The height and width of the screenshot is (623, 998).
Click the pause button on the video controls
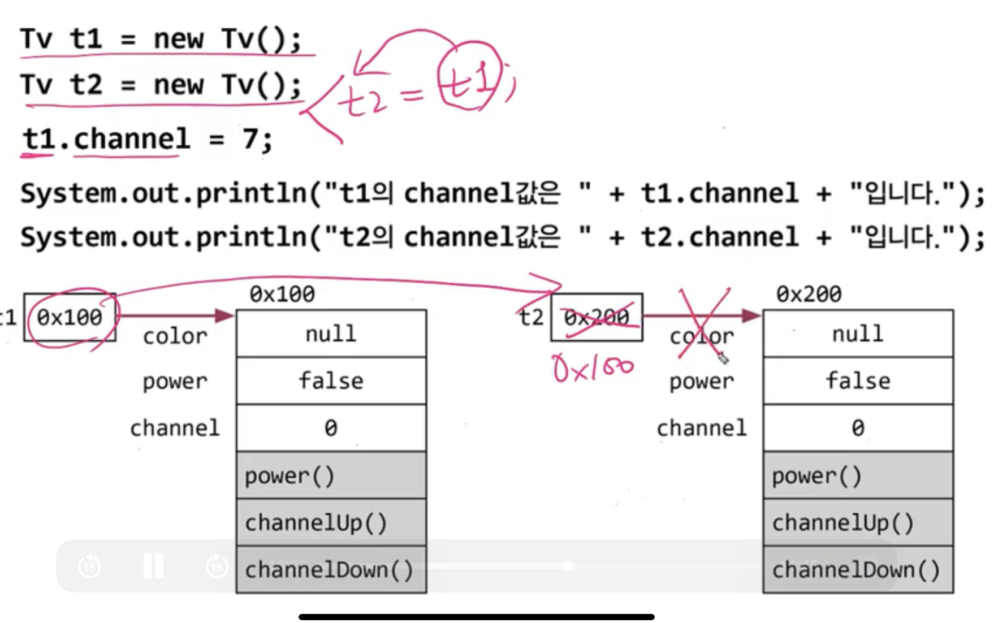(x=153, y=566)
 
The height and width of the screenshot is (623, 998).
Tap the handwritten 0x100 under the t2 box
(x=593, y=369)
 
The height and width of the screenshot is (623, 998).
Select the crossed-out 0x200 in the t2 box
(x=597, y=318)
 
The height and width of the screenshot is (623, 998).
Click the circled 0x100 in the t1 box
(x=70, y=318)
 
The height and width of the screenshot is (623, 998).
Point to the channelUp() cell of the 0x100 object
(x=331, y=523)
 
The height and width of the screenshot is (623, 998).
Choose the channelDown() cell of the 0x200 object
(x=857, y=570)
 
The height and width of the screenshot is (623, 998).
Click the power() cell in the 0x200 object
(x=857, y=476)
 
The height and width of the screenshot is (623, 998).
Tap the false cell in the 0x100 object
(x=331, y=381)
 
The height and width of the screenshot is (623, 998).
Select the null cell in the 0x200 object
(x=857, y=334)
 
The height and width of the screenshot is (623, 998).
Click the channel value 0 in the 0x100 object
(x=331, y=429)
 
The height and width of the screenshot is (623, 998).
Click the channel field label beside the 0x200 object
(x=702, y=429)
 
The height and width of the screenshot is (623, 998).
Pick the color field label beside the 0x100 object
(x=175, y=337)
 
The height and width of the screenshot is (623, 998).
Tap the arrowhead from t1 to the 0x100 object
(x=225, y=315)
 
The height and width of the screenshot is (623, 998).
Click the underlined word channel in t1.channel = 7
(x=132, y=139)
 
